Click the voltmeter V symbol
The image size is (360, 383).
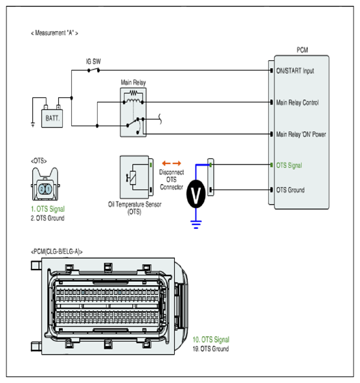point(196,194)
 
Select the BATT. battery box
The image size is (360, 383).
point(52,118)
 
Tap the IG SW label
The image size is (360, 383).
point(93,62)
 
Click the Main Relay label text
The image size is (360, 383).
point(133,82)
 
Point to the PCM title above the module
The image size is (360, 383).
point(302,50)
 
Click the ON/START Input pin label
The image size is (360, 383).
point(295,71)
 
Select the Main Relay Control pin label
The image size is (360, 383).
point(297,102)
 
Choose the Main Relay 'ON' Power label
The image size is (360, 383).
point(301,134)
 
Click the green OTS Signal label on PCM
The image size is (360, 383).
point(289,166)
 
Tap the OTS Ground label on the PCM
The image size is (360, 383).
point(290,190)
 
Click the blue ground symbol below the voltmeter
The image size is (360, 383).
point(196,224)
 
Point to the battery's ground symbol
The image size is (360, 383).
point(33,124)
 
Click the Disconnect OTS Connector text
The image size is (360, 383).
point(172,180)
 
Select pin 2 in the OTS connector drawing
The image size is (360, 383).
point(41,189)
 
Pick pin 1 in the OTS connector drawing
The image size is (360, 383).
point(49,189)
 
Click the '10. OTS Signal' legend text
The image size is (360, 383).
point(211,340)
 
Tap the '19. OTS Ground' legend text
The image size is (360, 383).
point(210,349)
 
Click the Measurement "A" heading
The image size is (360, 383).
point(54,33)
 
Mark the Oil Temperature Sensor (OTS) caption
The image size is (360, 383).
point(135,208)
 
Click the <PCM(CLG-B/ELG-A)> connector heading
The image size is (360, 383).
point(56,251)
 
